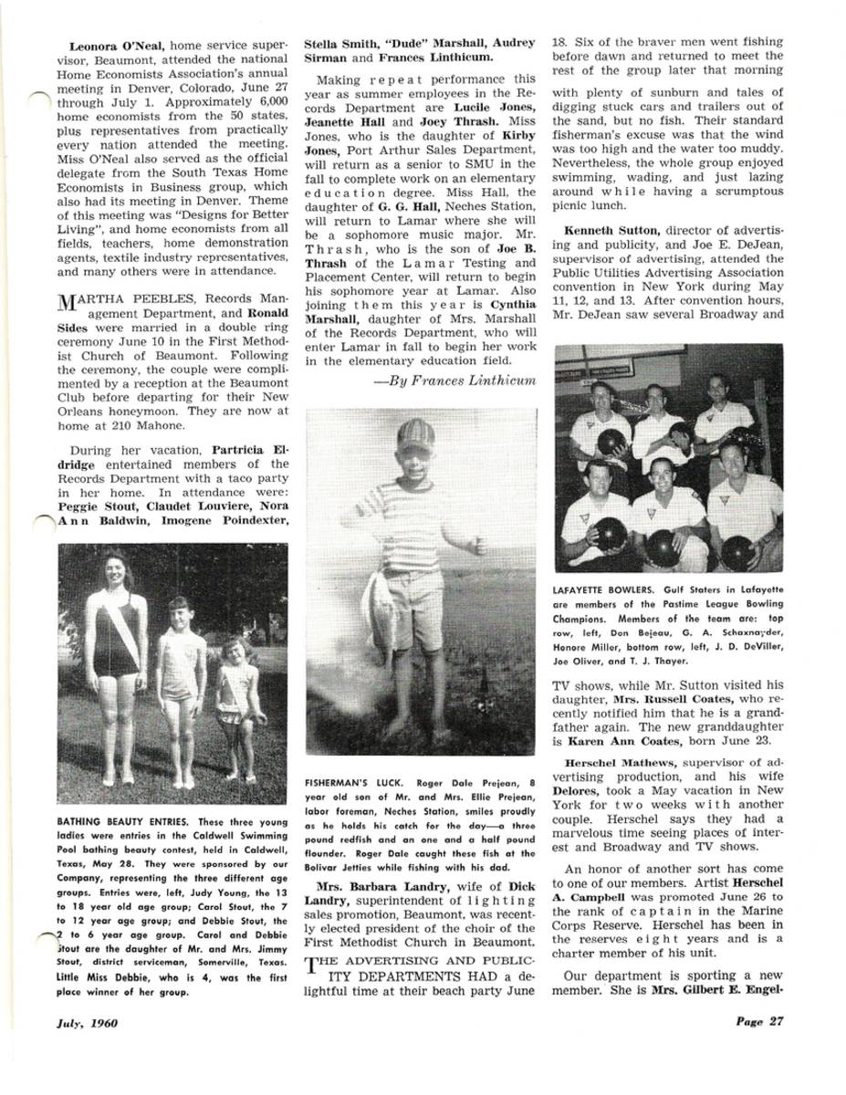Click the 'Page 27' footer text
tap(759, 1021)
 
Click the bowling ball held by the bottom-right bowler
tap(736, 551)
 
